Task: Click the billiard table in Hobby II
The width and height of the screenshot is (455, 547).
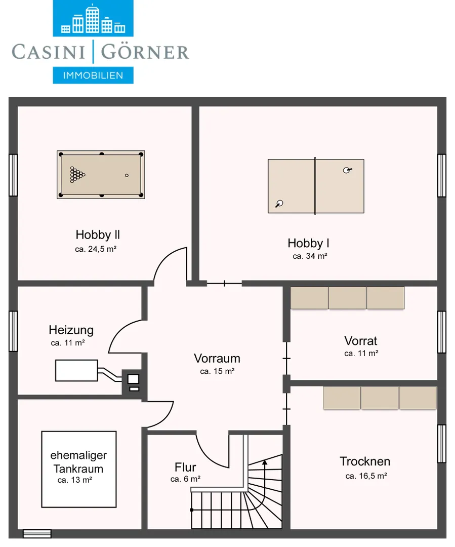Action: [101, 175]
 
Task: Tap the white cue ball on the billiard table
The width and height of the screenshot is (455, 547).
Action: [127, 175]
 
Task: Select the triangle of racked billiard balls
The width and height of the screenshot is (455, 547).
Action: [77, 174]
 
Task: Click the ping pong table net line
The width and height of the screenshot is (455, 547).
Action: [315, 186]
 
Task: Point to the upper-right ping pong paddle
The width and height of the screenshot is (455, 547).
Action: [347, 170]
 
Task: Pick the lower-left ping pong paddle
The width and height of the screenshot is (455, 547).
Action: [279, 204]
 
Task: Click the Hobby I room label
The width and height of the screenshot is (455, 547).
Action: [308, 243]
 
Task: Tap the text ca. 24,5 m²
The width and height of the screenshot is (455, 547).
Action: [96, 249]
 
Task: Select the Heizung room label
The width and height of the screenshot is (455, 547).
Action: [71, 330]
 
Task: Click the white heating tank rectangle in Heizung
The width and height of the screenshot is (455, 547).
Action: [76, 370]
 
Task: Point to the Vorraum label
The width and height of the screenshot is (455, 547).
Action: [217, 358]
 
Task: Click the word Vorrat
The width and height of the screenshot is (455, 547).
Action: [360, 341]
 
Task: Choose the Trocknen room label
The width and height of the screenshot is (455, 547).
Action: [365, 461]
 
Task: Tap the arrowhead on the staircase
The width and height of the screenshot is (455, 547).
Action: [265, 462]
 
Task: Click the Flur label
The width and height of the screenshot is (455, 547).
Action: [185, 467]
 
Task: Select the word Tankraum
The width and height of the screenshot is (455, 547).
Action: [78, 468]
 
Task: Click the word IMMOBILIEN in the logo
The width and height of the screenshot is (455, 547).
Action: [93, 75]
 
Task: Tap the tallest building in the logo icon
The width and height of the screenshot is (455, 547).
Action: [93, 19]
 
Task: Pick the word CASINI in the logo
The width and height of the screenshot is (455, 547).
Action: [49, 52]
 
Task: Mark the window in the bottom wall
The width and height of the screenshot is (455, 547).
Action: [37, 534]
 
